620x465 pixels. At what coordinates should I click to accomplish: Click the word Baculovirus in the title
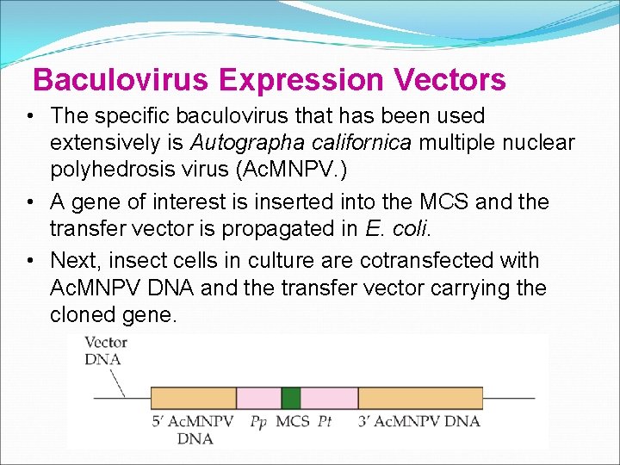pyautogui.click(x=121, y=80)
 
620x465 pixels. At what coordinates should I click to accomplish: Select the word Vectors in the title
pyautogui.click(x=450, y=80)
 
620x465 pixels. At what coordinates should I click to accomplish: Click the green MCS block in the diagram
pyautogui.click(x=291, y=398)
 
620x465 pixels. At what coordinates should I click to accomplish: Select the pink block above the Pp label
pyautogui.click(x=258, y=398)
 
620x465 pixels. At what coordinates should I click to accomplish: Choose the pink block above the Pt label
pyautogui.click(x=329, y=398)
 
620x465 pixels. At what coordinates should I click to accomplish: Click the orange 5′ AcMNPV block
pyautogui.click(x=194, y=398)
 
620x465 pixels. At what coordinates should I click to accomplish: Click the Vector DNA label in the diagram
pyautogui.click(x=105, y=350)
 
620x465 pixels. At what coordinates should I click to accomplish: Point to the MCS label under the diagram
pyautogui.click(x=292, y=422)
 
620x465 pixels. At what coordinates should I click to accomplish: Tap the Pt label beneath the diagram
pyautogui.click(x=325, y=422)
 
